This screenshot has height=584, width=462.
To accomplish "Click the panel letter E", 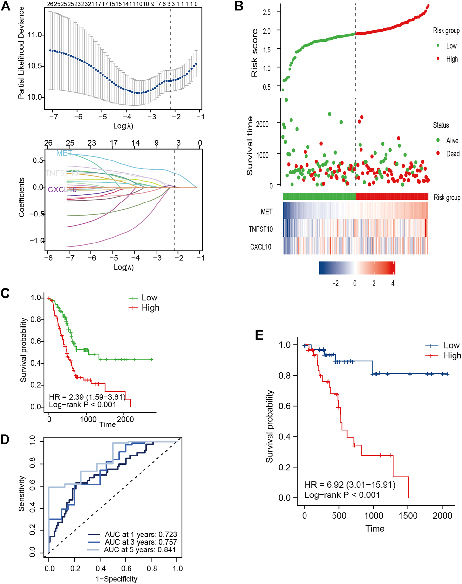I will pos(259,335).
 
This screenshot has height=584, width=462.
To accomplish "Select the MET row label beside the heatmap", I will pos(266,212).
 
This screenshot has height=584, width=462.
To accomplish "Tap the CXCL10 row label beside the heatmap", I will pos(261,247).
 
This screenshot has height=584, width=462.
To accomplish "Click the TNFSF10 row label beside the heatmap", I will pos(261,229).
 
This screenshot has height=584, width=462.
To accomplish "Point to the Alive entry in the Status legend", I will pos(452,140).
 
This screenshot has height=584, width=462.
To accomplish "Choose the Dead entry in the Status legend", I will pos(453,154).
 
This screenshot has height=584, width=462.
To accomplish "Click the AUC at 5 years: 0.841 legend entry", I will pos(140,550).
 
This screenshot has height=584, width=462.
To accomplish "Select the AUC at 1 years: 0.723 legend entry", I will pos(141,535).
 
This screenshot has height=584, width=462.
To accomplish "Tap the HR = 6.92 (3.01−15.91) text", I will pos(350,485).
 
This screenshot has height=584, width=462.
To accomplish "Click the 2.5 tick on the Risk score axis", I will pos(266,12).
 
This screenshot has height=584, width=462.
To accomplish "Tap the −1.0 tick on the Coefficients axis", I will pos(37,241).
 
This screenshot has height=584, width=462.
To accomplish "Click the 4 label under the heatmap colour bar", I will pos(393,283).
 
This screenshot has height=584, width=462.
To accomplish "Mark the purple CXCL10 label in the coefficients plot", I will pos(62,189).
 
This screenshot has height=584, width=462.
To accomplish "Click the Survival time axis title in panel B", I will pos(250,146).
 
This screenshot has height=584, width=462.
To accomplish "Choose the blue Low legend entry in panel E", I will pos(451,345).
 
